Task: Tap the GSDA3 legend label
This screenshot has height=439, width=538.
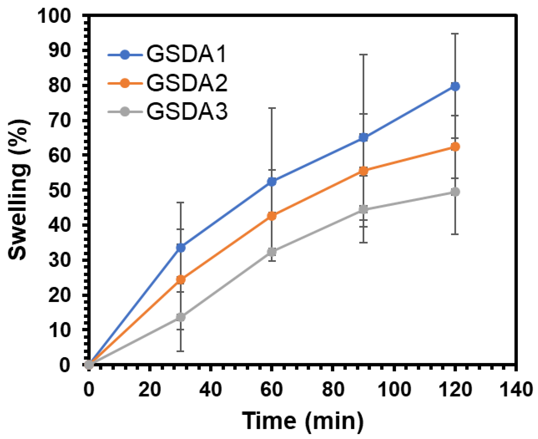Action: [x=187, y=112]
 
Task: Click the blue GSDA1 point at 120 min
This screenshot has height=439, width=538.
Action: [x=455, y=86]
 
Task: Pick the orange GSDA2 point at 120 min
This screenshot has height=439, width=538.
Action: [x=455, y=147]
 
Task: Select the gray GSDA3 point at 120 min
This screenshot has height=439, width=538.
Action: [x=455, y=192]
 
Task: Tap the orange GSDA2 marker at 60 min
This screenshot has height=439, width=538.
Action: [x=272, y=216]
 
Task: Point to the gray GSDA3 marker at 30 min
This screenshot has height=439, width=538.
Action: [x=181, y=317]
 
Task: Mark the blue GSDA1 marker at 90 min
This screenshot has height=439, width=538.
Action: [x=363, y=138]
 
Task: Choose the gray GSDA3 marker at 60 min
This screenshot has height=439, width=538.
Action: [x=272, y=252]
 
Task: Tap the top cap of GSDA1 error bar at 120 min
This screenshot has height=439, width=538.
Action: [x=455, y=41]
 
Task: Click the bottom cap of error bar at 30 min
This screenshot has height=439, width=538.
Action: [x=181, y=351]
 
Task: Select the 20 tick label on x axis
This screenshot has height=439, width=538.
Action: [x=150, y=390]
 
